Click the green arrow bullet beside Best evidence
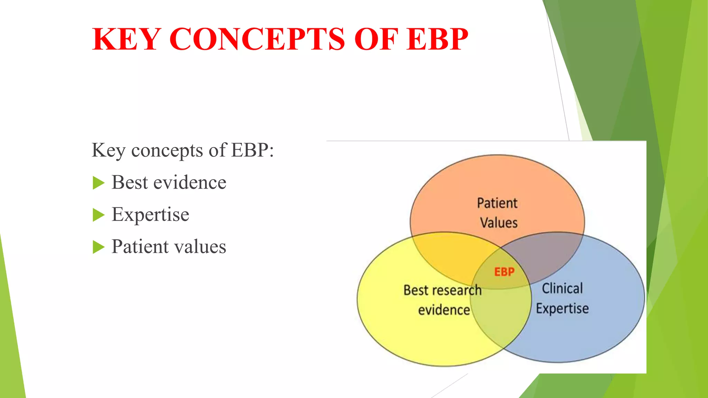pyautogui.click(x=99, y=183)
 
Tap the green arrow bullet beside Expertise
pyautogui.click(x=99, y=215)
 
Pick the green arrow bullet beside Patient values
pyautogui.click(x=99, y=247)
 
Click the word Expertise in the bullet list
pyautogui.click(x=150, y=215)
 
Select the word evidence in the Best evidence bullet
pyautogui.click(x=190, y=183)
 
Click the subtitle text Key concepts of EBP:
pyautogui.click(x=183, y=150)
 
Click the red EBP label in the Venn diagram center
pyautogui.click(x=504, y=272)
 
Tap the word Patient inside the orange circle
pyautogui.click(x=497, y=203)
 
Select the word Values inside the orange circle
pyautogui.click(x=499, y=223)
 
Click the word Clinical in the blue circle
pyautogui.click(x=562, y=288)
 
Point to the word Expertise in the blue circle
pyautogui.click(x=562, y=309)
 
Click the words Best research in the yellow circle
pyautogui.click(x=442, y=290)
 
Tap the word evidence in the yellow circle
pyautogui.click(x=444, y=310)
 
